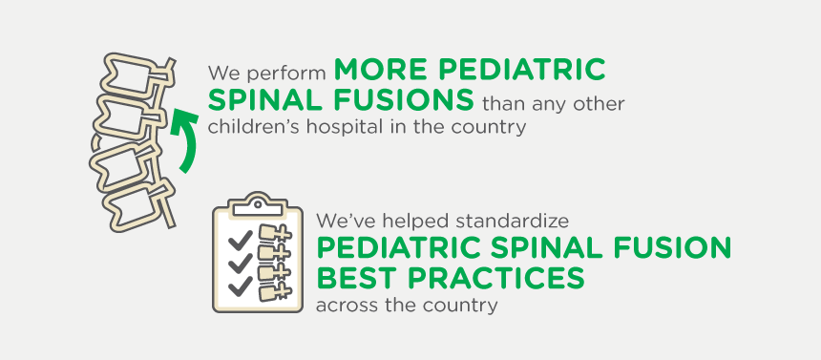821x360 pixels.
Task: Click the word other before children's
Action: (601, 102)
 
